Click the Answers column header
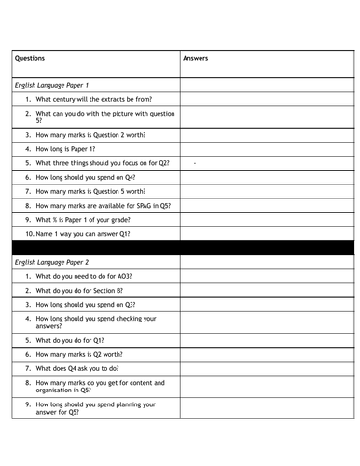pyautogui.click(x=196, y=58)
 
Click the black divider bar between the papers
pyautogui.click(x=180, y=247)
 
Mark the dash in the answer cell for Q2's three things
pyautogui.click(x=194, y=163)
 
